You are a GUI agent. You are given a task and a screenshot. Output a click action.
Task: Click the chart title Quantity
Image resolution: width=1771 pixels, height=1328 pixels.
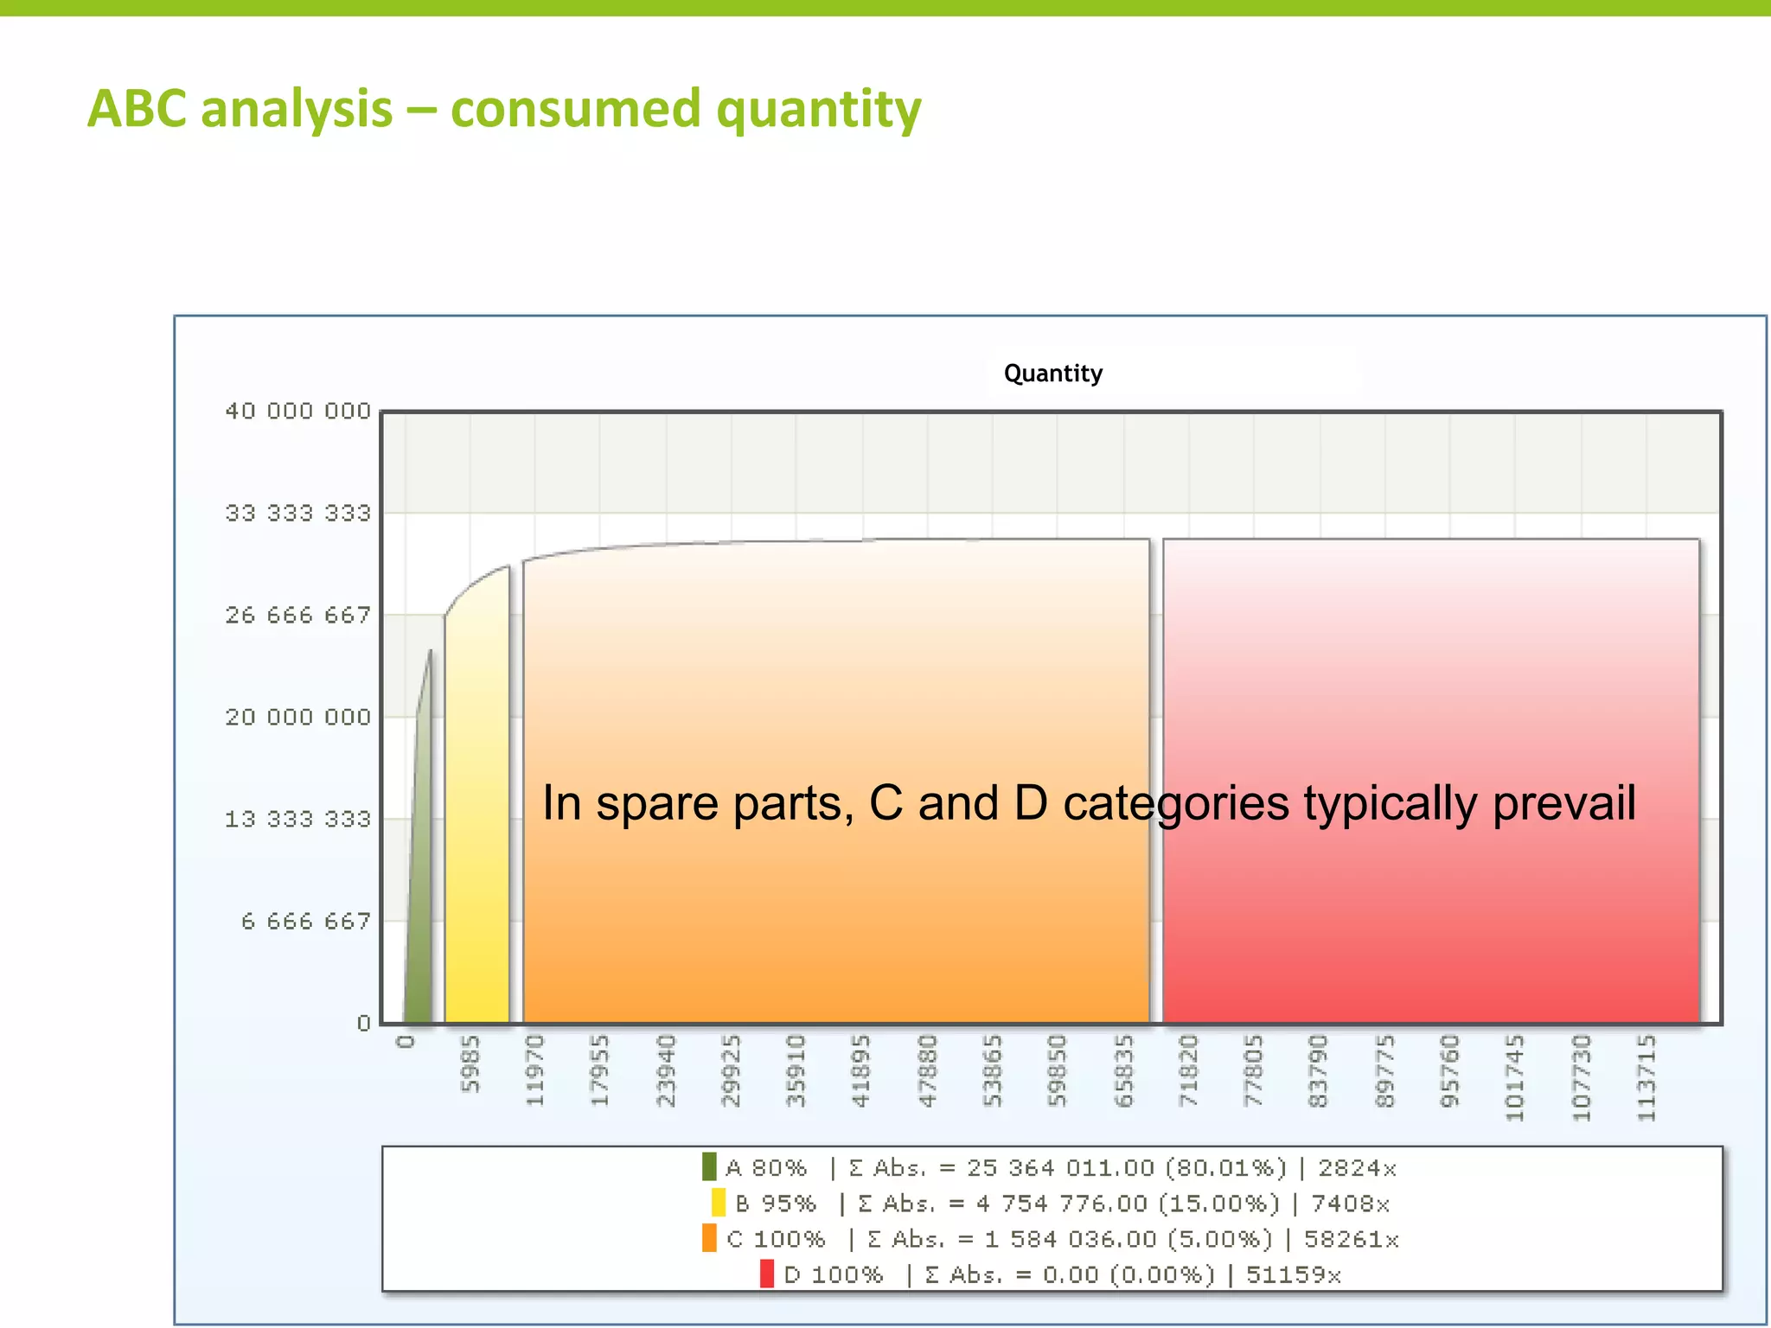coord(1052,373)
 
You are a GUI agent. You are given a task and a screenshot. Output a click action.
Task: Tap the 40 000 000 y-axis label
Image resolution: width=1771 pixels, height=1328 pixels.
coord(297,412)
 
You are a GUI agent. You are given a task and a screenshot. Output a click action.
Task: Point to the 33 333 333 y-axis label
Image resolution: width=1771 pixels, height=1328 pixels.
coord(297,514)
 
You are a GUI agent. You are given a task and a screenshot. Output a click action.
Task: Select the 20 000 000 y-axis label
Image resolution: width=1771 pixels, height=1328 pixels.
coord(297,718)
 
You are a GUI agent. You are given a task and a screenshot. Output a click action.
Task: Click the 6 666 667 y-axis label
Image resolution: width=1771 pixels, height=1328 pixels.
coord(305,922)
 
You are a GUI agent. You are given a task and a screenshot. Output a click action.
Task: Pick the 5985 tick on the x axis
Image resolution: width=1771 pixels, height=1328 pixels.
coord(470,1064)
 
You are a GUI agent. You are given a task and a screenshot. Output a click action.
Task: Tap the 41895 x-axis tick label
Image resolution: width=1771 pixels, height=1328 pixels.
coord(861,1070)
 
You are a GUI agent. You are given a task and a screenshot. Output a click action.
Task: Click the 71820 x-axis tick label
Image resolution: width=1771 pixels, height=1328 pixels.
coord(1189,1070)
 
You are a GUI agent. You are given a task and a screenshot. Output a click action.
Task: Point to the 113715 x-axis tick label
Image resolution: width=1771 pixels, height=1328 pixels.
coord(1647,1077)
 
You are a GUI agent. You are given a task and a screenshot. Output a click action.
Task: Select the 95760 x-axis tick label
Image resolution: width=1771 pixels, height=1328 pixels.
coord(1450,1070)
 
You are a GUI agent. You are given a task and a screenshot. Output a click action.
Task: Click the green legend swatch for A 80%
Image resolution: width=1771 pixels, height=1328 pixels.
coord(709,1167)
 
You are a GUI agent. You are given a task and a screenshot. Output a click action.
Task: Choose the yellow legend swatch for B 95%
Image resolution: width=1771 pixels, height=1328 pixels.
coord(718,1203)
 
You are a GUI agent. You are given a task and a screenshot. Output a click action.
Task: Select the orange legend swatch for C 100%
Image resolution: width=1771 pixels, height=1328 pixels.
coord(709,1238)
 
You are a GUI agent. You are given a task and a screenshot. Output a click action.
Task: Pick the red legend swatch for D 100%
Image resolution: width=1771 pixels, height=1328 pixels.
coord(767,1274)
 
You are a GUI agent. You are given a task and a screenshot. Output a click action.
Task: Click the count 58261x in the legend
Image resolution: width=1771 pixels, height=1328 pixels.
coord(1351,1239)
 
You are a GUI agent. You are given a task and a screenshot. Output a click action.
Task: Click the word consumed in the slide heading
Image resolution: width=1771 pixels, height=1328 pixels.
coord(575,109)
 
